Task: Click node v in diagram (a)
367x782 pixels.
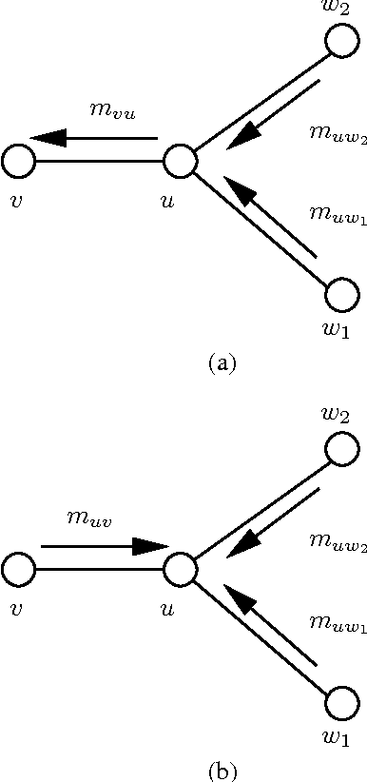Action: (18, 162)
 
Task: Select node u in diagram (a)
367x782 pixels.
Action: (179, 162)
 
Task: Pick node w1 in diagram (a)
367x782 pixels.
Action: (340, 295)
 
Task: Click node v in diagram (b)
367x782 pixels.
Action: (18, 571)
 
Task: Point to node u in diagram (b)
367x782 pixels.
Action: (179, 571)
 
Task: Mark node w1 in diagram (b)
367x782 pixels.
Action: (340, 705)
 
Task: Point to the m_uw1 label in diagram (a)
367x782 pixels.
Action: (338, 207)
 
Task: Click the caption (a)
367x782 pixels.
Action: (221, 362)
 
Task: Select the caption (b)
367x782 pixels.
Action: (221, 768)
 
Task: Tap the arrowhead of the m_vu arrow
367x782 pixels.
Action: (49, 138)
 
